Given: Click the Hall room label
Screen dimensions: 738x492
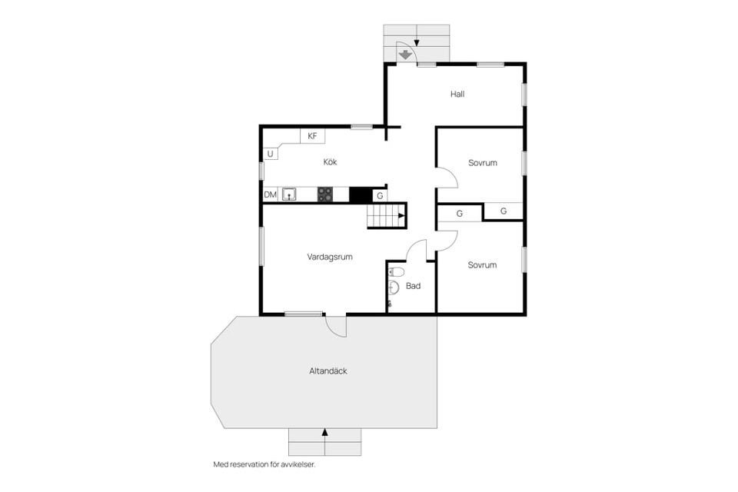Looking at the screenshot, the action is pyautogui.click(x=457, y=94).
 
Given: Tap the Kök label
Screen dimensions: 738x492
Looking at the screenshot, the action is pyautogui.click(x=330, y=162).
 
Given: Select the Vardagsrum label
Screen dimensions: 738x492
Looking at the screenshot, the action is pyautogui.click(x=330, y=257).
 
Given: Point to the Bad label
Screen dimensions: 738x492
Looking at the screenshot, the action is pyautogui.click(x=413, y=286).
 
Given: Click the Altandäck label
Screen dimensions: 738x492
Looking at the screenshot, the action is pyautogui.click(x=328, y=371).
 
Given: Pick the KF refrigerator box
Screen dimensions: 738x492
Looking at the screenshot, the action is pyautogui.click(x=313, y=136).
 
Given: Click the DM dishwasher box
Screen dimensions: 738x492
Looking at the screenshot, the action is pyautogui.click(x=270, y=194).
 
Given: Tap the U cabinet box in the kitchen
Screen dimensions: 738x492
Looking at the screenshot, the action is pyautogui.click(x=270, y=154).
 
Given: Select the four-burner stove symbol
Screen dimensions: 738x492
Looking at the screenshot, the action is pyautogui.click(x=325, y=194).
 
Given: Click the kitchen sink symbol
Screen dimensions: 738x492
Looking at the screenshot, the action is pyautogui.click(x=289, y=194).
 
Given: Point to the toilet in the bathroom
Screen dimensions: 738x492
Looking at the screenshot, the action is pyautogui.click(x=396, y=271).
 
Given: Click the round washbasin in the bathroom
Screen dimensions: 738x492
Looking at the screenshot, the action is pyautogui.click(x=394, y=288).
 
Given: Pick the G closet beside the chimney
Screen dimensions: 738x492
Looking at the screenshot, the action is pyautogui.click(x=380, y=196).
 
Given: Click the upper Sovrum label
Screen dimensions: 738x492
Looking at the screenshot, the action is pyautogui.click(x=483, y=163).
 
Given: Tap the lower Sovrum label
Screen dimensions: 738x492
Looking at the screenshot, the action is pyautogui.click(x=482, y=265).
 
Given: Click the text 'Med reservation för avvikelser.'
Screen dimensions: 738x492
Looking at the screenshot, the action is pyautogui.click(x=264, y=464).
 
